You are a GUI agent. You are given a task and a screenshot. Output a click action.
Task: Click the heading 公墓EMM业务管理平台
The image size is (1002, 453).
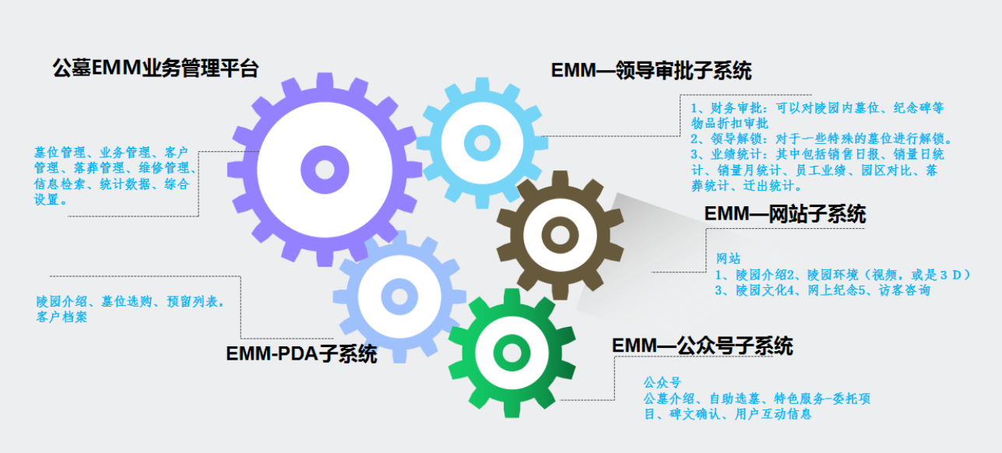(x=155, y=68)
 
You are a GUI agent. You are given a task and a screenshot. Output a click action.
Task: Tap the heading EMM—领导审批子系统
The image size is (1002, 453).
(x=651, y=70)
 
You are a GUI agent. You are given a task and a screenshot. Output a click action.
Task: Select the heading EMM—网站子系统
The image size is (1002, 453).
(x=784, y=213)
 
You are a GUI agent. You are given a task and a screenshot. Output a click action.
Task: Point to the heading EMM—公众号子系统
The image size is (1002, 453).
(x=702, y=346)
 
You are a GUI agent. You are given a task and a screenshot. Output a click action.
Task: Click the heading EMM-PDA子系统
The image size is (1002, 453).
(x=301, y=354)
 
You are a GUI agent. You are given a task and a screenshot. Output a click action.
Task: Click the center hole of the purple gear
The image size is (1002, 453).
(x=323, y=167)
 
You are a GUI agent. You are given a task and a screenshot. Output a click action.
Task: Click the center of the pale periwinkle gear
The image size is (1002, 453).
(x=399, y=297)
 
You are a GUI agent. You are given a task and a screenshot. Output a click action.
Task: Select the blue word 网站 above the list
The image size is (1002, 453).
(x=728, y=258)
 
